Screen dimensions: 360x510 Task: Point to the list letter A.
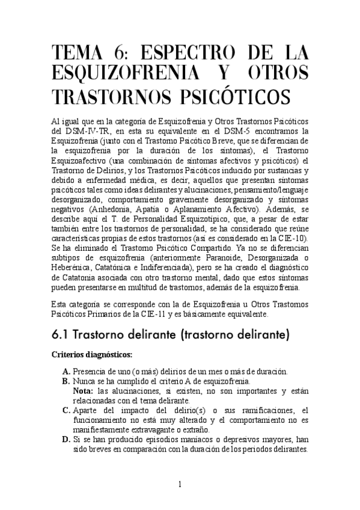tap(66, 370)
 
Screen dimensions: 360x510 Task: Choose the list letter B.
tap(66, 381)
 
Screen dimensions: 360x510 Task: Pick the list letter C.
tap(66, 410)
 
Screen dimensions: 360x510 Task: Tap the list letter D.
tap(66, 439)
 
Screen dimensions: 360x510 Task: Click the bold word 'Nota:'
tap(84, 391)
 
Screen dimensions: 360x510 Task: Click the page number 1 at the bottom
tap(180, 485)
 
